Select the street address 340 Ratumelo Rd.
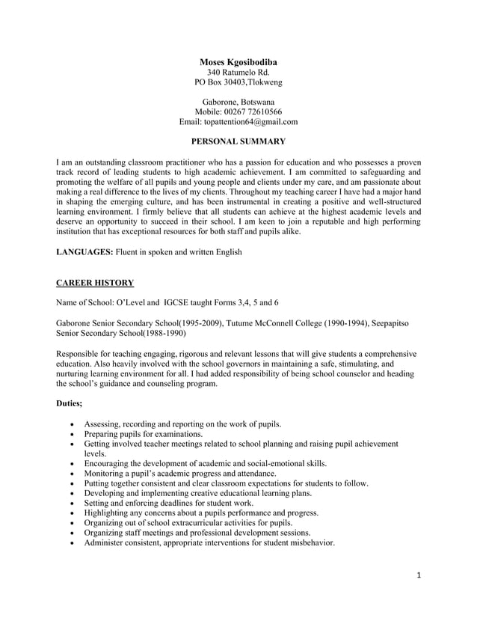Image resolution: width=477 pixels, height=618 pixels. click(x=238, y=72)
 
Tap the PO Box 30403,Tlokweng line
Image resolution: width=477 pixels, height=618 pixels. click(x=238, y=82)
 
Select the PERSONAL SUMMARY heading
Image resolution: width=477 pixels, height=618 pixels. click(x=238, y=141)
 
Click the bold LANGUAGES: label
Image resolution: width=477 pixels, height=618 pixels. click(x=84, y=253)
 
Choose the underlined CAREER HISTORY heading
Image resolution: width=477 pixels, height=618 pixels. click(x=95, y=283)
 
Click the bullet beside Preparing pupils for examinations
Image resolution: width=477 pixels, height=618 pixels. click(x=71, y=435)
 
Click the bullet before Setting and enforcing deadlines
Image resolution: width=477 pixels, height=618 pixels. click(x=71, y=504)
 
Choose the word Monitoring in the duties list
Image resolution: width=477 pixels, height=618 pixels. click(x=107, y=474)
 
